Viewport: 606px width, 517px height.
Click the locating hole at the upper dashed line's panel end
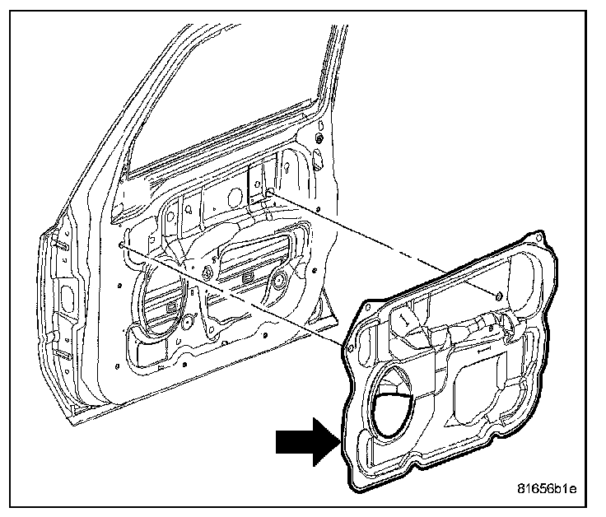coord(497,295)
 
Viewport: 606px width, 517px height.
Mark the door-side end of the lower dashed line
coord(122,245)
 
